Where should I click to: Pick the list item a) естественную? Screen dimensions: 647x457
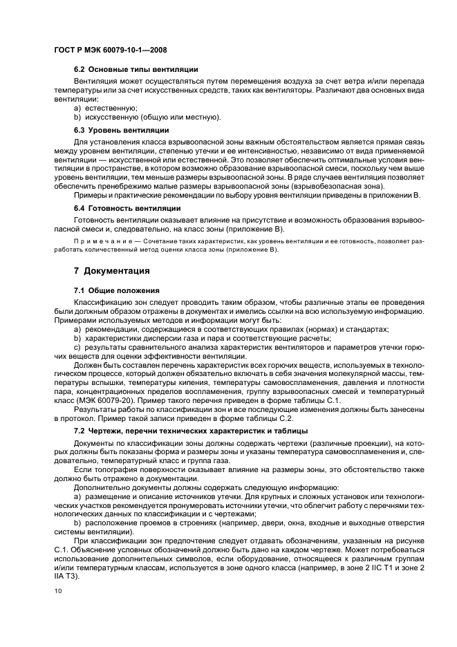(x=106, y=108)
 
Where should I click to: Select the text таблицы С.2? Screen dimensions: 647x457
(x=271, y=418)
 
